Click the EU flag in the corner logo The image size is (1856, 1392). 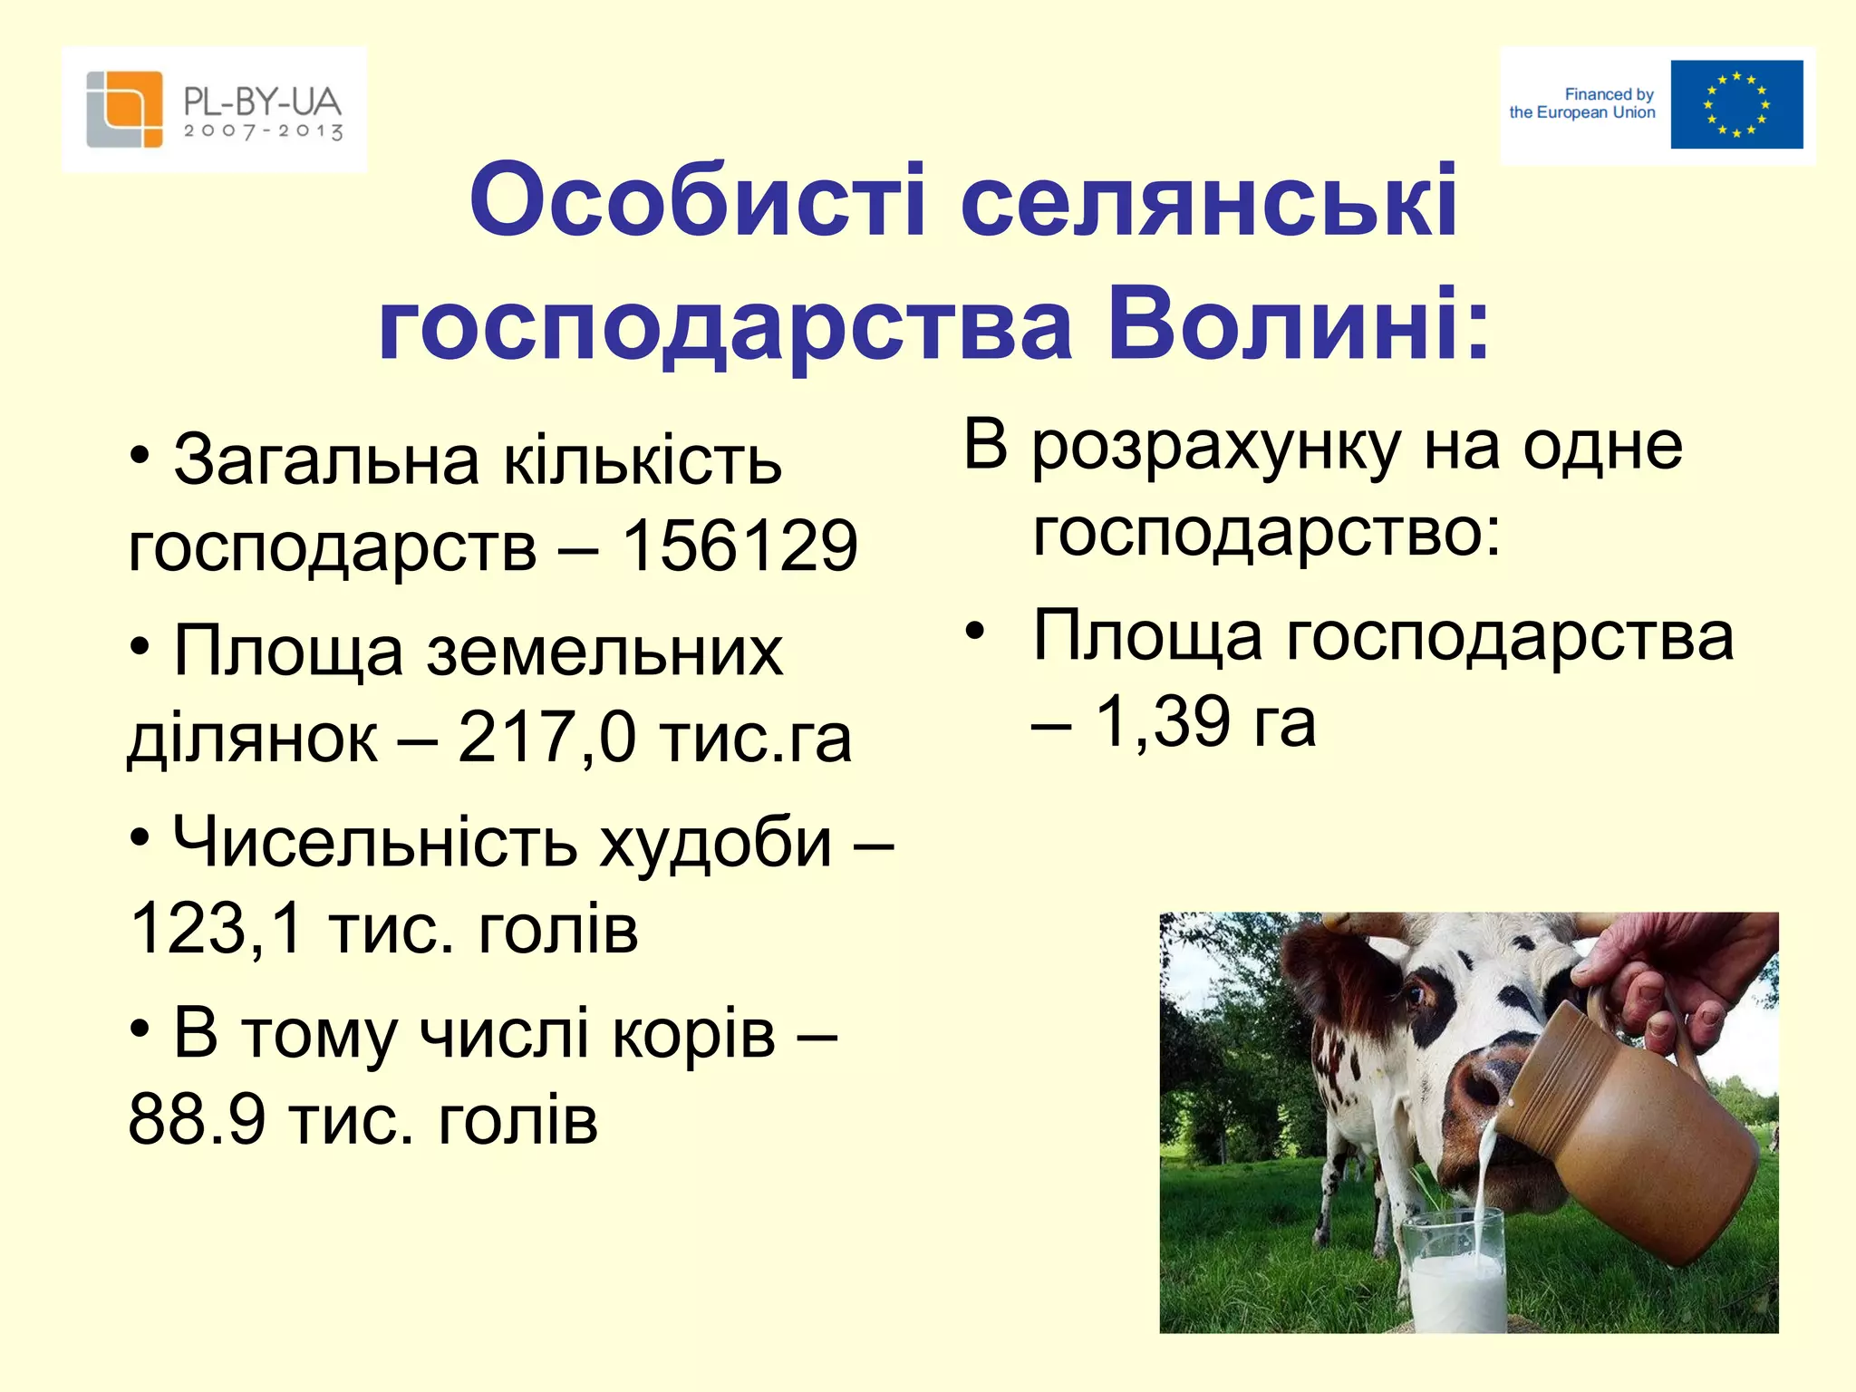tap(1736, 104)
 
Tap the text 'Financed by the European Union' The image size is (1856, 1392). tap(1582, 103)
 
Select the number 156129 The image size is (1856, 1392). tap(739, 546)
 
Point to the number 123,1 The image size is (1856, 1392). tap(216, 928)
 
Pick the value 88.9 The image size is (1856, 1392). tap(197, 1119)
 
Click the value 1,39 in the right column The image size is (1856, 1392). tap(1163, 721)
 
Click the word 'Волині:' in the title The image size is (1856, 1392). tap(1298, 324)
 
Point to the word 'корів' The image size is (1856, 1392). tap(693, 1034)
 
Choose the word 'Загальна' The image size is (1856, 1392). tap(325, 460)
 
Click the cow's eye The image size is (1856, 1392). tap(1415, 993)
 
